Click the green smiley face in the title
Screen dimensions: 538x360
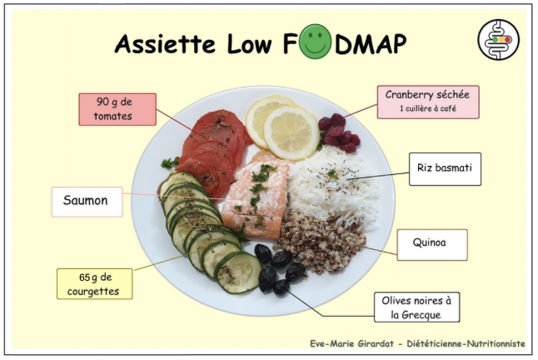pyautogui.click(x=315, y=42)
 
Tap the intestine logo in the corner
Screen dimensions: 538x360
pyautogui.click(x=499, y=40)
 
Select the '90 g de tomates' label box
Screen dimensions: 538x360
pyautogui.click(x=117, y=109)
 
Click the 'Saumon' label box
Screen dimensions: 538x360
pyautogui.click(x=87, y=202)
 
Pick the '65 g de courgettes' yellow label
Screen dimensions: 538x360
pyautogui.click(x=94, y=284)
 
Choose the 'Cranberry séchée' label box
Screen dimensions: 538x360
pyautogui.click(x=428, y=102)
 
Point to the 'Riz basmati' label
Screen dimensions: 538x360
pyautogui.click(x=445, y=169)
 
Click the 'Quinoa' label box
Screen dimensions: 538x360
pyautogui.click(x=432, y=245)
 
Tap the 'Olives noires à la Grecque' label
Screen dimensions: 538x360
pyautogui.click(x=417, y=307)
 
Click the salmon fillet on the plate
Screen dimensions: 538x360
pyautogui.click(x=255, y=195)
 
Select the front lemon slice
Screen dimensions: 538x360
pyautogui.click(x=291, y=132)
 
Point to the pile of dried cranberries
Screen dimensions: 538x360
pyautogui.click(x=339, y=133)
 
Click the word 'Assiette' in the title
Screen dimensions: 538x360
pyautogui.click(x=166, y=44)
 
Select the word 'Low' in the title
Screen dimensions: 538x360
pyautogui.click(x=249, y=44)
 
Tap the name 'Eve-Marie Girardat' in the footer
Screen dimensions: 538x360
pyautogui.click(x=351, y=343)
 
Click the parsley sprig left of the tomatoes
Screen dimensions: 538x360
pyautogui.click(x=170, y=162)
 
